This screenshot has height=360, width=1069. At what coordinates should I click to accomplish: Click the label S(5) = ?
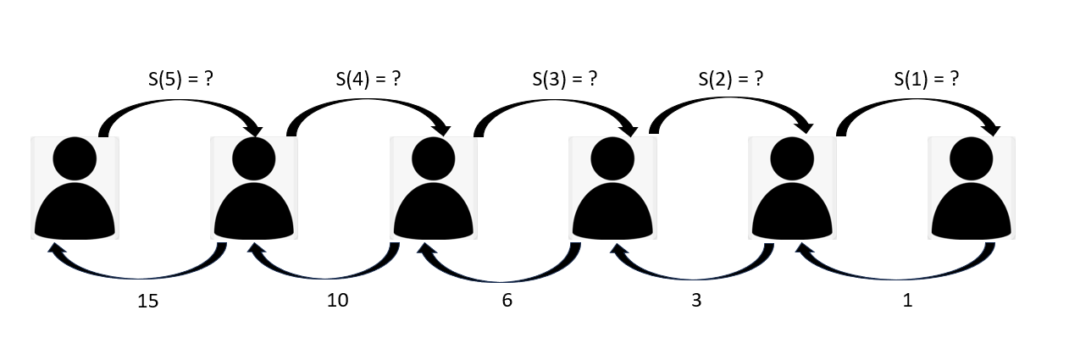[x=180, y=80]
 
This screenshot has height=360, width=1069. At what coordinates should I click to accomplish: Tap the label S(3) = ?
[x=565, y=80]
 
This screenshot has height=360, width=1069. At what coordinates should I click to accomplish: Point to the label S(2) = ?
[x=730, y=80]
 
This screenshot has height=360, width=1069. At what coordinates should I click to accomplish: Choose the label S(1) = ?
[x=927, y=80]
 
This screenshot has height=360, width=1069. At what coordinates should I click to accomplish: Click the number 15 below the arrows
[x=148, y=300]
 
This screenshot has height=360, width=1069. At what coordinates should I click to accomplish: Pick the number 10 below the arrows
[x=336, y=300]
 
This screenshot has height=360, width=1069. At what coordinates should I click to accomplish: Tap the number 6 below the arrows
[x=507, y=300]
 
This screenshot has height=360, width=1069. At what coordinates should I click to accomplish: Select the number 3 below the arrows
[x=696, y=300]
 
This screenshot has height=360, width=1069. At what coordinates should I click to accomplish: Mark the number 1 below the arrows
[x=907, y=300]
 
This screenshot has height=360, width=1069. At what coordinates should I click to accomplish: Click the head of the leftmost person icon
[x=75, y=158]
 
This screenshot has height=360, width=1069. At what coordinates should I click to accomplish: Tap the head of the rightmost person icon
[x=971, y=158]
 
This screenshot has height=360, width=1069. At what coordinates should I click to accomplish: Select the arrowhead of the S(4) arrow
[x=442, y=129]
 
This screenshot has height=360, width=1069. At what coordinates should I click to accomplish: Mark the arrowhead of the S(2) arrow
[x=803, y=129]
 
